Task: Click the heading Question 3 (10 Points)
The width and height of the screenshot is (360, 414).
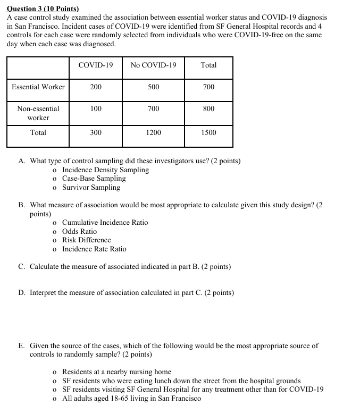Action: click(43, 9)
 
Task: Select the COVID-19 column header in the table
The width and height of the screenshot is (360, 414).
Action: click(96, 65)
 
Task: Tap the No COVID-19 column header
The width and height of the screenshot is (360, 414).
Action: click(153, 65)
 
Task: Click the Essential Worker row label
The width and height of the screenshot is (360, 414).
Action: click(38, 87)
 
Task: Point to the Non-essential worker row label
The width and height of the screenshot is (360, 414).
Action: click(38, 113)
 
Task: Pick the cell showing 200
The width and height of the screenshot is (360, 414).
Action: click(96, 87)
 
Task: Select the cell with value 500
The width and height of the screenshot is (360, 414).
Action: click(153, 87)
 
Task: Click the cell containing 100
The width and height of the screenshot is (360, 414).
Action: click(96, 108)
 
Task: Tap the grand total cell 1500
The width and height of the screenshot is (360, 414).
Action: click(208, 132)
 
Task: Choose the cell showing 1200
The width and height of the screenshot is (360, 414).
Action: click(153, 132)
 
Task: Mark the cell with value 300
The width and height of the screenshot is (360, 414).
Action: click(96, 132)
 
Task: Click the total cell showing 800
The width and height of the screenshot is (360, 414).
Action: click(208, 108)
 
